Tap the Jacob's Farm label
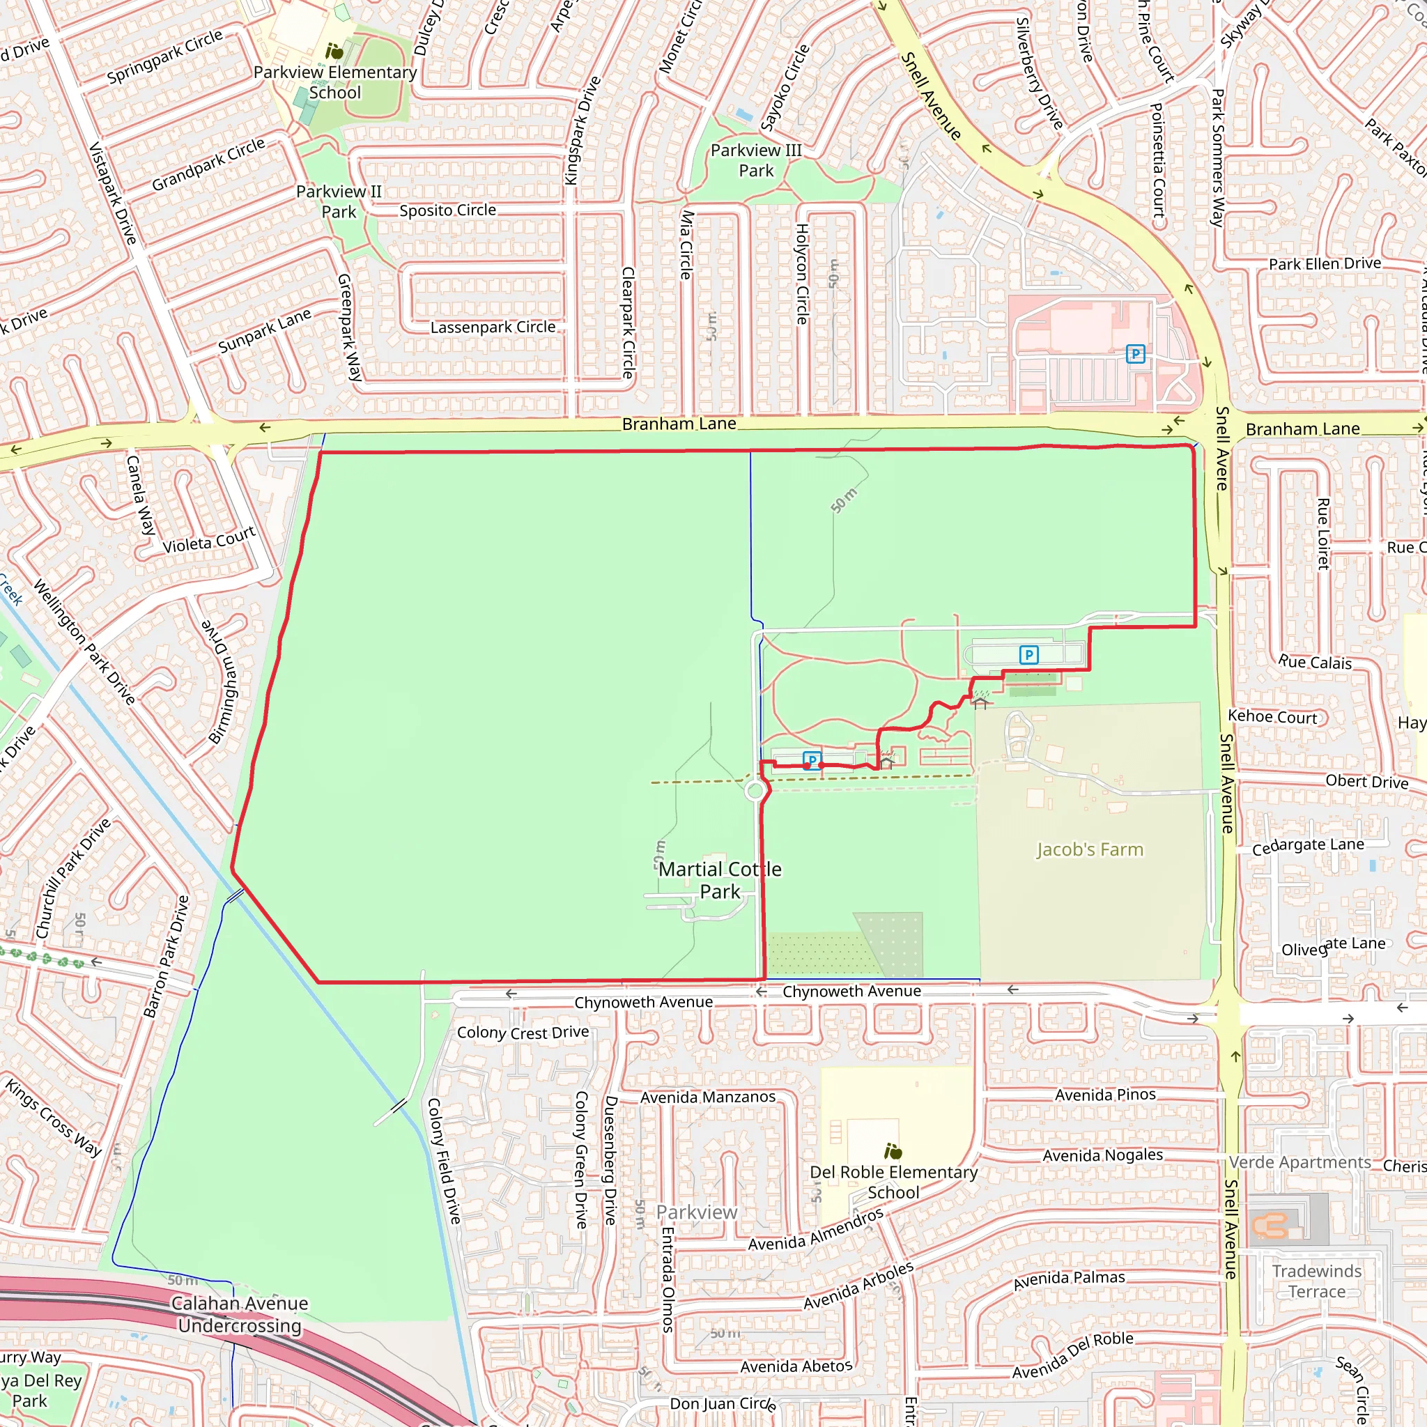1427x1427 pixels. (1090, 850)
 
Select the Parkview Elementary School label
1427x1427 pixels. (334, 82)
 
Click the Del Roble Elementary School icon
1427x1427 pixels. (893, 1151)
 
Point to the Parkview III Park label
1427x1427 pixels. (755, 160)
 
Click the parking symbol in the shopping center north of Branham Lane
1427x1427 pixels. (1135, 355)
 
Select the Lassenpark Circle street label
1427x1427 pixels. (493, 327)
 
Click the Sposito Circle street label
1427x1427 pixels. (447, 210)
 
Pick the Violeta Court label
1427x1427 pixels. (209, 541)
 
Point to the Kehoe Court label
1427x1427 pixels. (1272, 716)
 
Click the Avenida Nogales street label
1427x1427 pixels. (1102, 1155)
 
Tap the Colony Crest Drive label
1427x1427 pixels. (523, 1033)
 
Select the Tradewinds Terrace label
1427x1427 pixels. (1316, 1281)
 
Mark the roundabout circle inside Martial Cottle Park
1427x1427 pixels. (755, 792)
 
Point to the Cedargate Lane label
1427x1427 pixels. (1307, 846)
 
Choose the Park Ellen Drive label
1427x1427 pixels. (1325, 263)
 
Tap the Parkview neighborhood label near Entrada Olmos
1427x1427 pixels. (697, 1212)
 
